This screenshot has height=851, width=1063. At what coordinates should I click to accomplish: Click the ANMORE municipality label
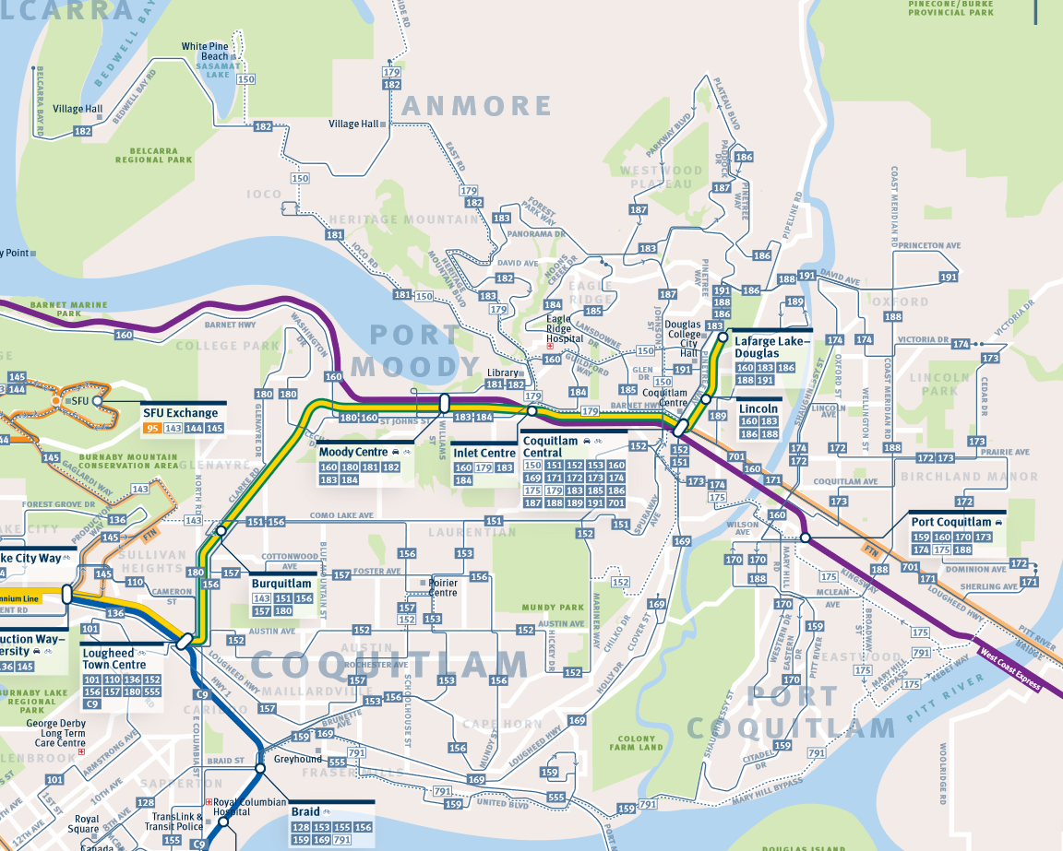coord(477,105)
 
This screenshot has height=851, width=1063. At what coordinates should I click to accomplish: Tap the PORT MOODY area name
coord(415,350)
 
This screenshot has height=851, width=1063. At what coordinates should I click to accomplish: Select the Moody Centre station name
coord(353,453)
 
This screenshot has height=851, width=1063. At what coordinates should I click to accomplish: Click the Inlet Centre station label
coord(484,453)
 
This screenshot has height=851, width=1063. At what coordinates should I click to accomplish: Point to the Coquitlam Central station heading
coord(550,447)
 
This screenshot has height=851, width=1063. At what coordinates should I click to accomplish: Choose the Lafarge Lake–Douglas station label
coord(771,348)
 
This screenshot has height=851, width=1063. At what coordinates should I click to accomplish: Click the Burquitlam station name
coord(281,584)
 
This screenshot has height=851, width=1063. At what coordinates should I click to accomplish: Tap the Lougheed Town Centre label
coord(114,659)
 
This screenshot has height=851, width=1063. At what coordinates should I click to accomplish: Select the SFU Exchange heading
coord(180,413)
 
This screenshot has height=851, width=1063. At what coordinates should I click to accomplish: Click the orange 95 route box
coord(152,428)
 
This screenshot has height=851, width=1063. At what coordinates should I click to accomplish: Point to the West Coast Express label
coord(1010,670)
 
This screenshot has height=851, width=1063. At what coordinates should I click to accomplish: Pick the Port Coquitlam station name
coord(950,522)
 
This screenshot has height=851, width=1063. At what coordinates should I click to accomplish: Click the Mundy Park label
coord(553,608)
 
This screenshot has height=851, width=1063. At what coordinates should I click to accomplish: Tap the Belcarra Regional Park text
coord(153,154)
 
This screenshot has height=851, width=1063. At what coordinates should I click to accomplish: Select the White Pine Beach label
coord(206,52)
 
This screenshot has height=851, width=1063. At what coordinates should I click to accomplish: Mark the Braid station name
coord(305,812)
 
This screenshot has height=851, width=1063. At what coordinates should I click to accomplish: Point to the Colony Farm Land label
coord(637,742)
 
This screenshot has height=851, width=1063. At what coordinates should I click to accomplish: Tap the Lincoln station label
coord(759,408)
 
